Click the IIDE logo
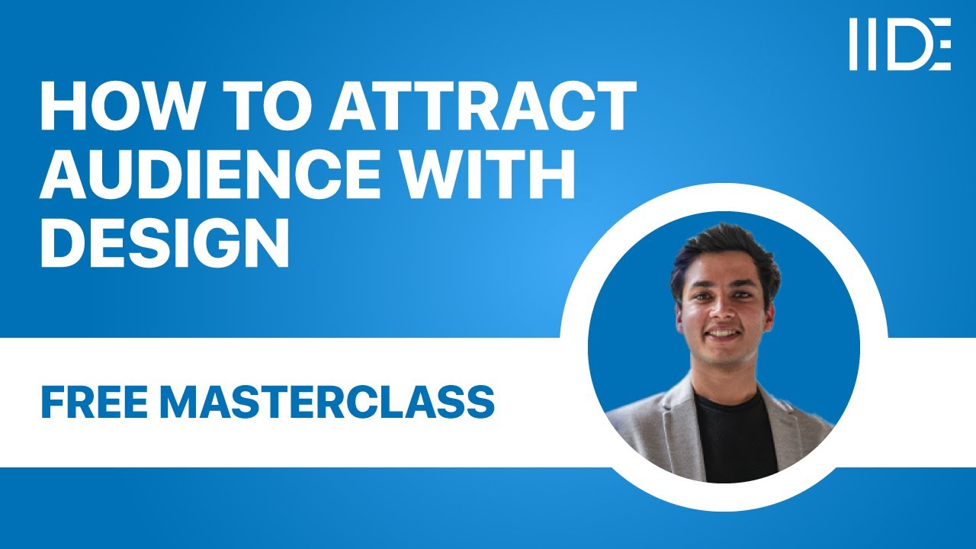pos(900,44)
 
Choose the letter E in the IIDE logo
pos(941,44)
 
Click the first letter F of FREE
pos(52,402)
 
